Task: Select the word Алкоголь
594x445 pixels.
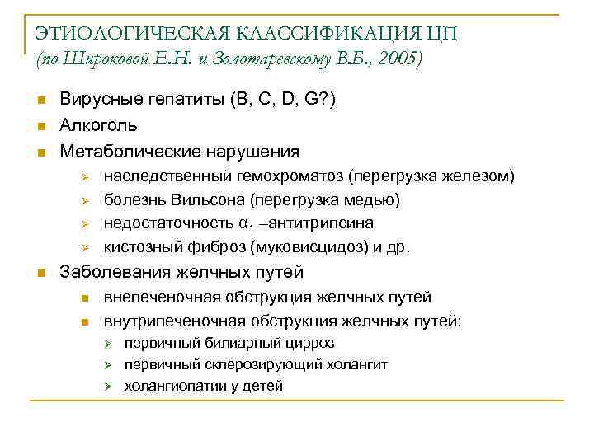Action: click(99, 125)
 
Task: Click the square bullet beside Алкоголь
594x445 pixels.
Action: click(41, 126)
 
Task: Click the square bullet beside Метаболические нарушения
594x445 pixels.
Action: click(41, 152)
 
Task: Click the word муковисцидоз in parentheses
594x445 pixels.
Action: click(308, 246)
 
